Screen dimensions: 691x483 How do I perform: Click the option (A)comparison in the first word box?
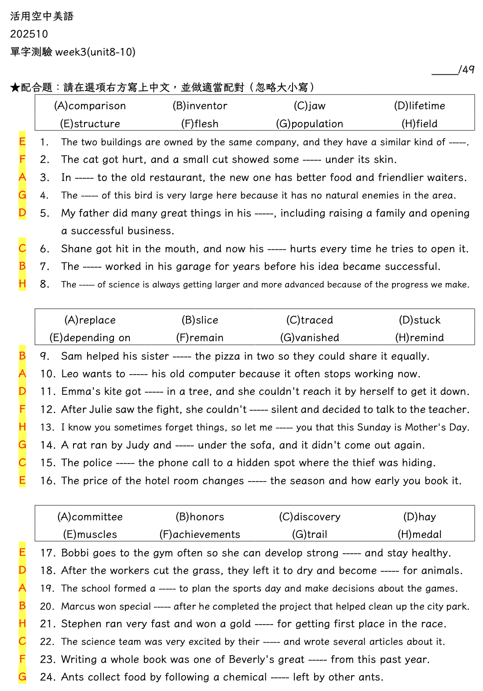[90, 106]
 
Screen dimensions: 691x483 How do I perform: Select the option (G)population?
[309, 124]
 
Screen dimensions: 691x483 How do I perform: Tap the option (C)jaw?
[310, 106]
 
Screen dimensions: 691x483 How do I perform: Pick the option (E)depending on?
[90, 338]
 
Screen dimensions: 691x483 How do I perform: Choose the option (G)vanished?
[310, 338]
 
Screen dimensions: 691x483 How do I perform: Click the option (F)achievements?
[200, 534]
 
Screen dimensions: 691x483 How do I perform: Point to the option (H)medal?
[420, 534]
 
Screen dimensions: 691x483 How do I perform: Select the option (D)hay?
[420, 517]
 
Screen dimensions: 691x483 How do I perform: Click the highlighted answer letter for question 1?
[22, 142]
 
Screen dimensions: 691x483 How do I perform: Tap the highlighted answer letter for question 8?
[22, 284]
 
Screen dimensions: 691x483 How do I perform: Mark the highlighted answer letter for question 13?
[22, 427]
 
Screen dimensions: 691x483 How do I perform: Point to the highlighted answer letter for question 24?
[22, 677]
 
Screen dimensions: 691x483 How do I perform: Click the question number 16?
[48, 481]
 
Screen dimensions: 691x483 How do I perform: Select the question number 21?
[48, 624]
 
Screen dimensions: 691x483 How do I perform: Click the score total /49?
[466, 70]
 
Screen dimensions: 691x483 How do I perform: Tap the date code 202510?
[29, 34]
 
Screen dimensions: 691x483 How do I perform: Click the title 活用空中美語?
[42, 16]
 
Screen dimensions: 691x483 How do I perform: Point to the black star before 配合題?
[15, 88]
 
